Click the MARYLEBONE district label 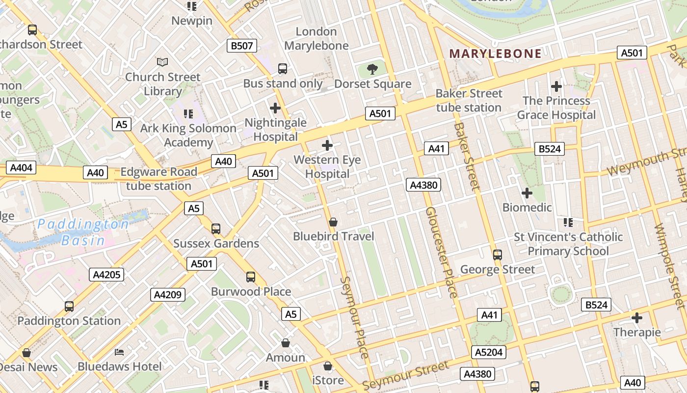pos(496,54)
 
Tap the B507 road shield pos(242,46)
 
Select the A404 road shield pos(21,168)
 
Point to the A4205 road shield pos(106,275)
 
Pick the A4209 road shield pos(168,295)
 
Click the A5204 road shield pos(489,352)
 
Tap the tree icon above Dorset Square pos(372,69)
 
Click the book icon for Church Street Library pos(162,62)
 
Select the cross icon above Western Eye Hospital pos(327,145)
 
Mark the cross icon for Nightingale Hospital pos(275,108)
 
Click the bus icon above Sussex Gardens pos(216,229)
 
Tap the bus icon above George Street pos(498,255)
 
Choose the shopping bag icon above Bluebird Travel pos(333,222)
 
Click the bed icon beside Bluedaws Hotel pos(119,352)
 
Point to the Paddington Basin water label pos(83,232)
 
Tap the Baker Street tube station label pos(469,100)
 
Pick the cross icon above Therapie pos(637,318)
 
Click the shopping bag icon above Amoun pos(286,343)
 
